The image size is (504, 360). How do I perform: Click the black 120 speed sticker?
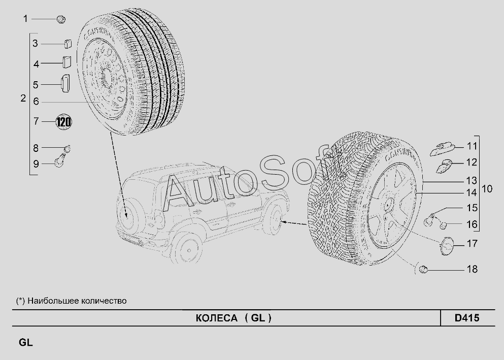(x=63, y=122)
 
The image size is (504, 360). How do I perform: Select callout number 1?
(x=25, y=19)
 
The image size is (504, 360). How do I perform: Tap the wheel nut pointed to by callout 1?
(x=61, y=19)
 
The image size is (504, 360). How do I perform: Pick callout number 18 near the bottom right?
(x=472, y=269)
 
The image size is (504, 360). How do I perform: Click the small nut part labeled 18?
(x=424, y=269)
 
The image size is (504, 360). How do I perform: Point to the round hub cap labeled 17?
(x=446, y=246)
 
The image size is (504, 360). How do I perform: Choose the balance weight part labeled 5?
(x=65, y=84)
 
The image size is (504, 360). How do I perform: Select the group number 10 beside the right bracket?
(x=487, y=189)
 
